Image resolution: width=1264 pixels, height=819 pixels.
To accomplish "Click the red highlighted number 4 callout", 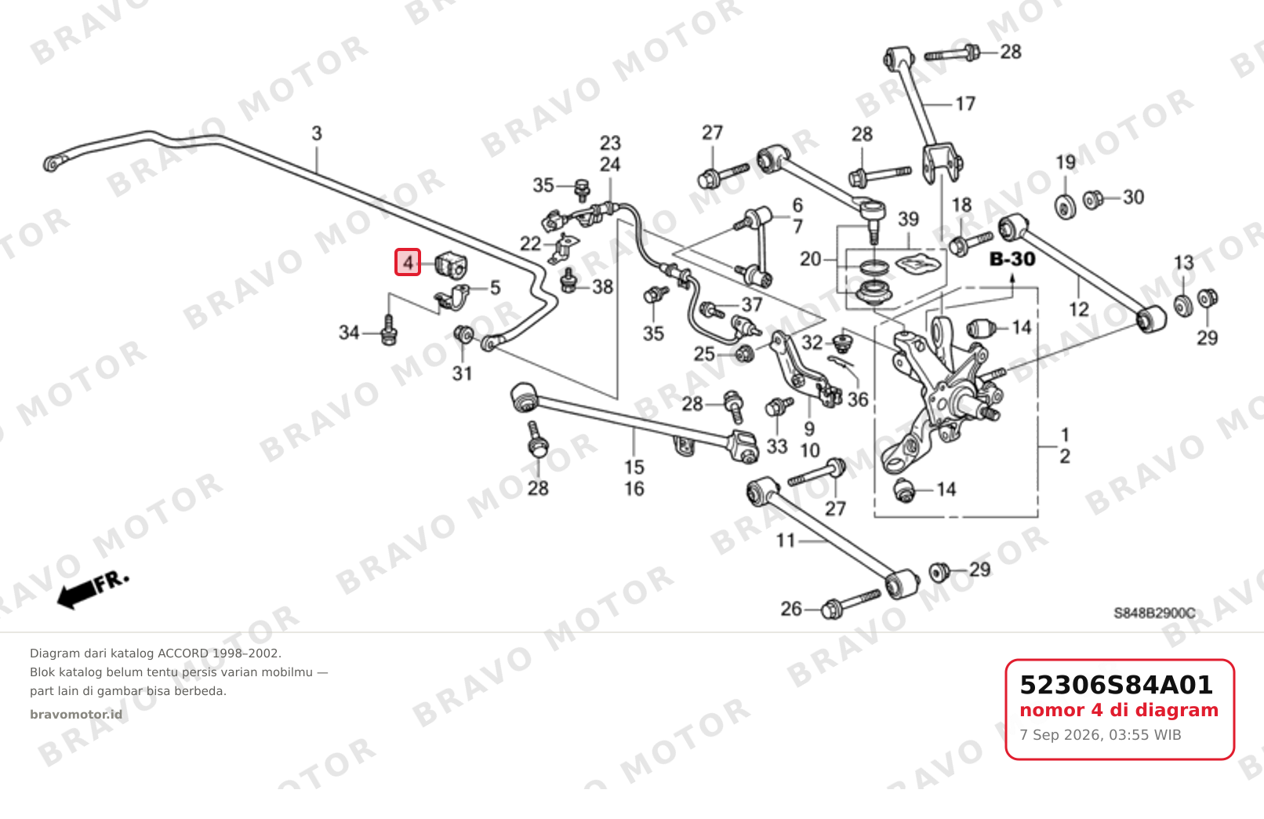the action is pyautogui.click(x=408, y=263).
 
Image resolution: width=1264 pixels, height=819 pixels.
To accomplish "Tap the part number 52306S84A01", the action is pyautogui.click(x=1116, y=685).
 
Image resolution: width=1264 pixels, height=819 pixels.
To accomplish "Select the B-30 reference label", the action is pyautogui.click(x=1012, y=259).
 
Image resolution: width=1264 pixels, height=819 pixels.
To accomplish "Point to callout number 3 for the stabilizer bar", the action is pyautogui.click(x=317, y=134).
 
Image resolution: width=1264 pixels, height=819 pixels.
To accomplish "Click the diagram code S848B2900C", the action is pyautogui.click(x=1154, y=613).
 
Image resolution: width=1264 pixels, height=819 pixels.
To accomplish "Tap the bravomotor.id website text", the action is pyautogui.click(x=76, y=715).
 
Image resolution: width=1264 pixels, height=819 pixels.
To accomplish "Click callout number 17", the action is pyautogui.click(x=965, y=104).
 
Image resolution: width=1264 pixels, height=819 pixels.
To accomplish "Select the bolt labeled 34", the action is pyautogui.click(x=389, y=331).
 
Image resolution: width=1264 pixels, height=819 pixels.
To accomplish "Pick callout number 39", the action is pyautogui.click(x=909, y=219).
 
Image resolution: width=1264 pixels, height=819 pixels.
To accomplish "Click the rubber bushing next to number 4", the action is pyautogui.click(x=452, y=264).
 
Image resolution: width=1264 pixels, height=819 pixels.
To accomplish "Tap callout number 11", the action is pyautogui.click(x=786, y=541).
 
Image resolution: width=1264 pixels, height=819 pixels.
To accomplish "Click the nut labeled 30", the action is pyautogui.click(x=1093, y=199).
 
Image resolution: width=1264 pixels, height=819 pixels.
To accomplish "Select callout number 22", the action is pyautogui.click(x=530, y=244).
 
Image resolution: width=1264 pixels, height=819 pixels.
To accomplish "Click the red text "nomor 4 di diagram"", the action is pyautogui.click(x=1119, y=710).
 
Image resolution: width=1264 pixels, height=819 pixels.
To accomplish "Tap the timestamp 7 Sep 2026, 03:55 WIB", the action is pyautogui.click(x=1100, y=735).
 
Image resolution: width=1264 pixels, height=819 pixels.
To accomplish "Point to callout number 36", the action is pyautogui.click(x=858, y=399).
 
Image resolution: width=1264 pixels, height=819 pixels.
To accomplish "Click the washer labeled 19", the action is pyautogui.click(x=1066, y=206).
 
